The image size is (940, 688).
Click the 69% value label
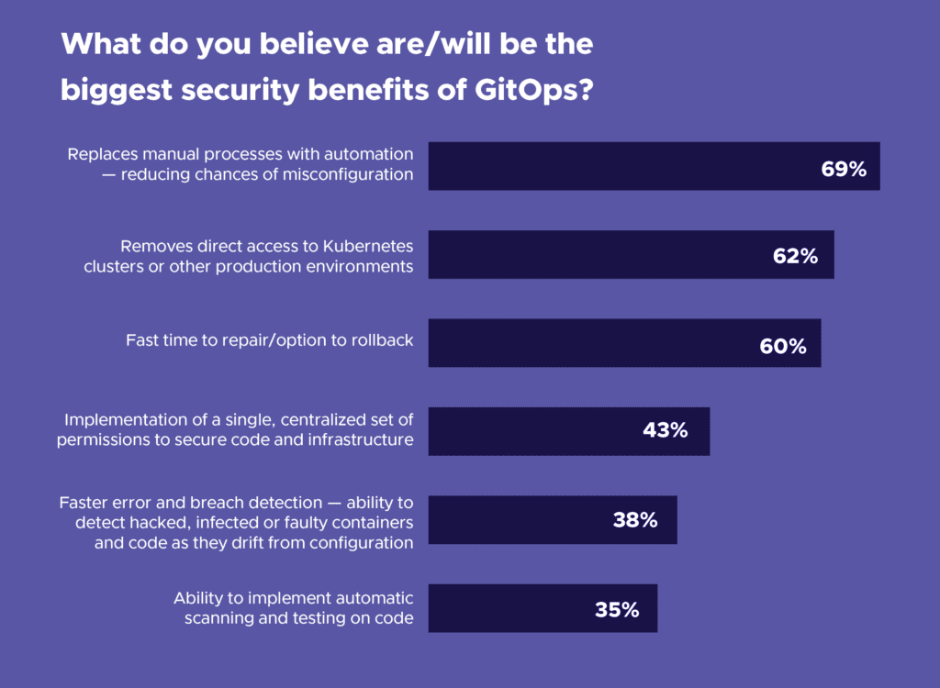[x=844, y=169]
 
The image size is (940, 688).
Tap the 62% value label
[x=795, y=257]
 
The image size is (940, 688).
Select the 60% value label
[x=782, y=346]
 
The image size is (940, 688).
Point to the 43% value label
[x=665, y=429]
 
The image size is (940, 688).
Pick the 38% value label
[x=635, y=520]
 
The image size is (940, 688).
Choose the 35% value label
[x=616, y=609]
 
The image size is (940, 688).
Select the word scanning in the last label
[x=218, y=618]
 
